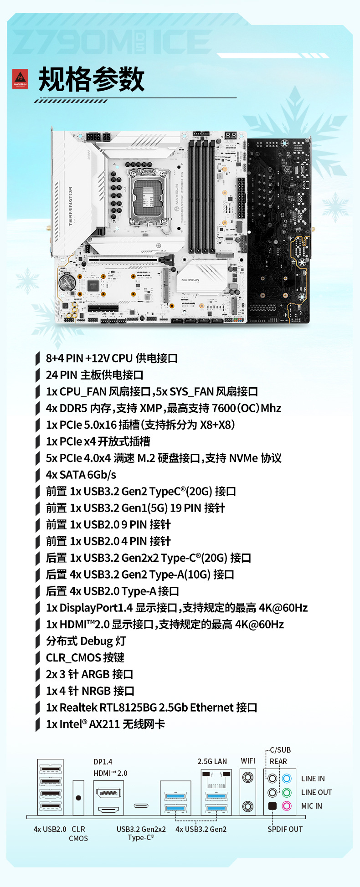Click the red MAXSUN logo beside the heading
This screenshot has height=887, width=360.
coord(20,79)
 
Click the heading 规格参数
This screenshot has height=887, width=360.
coord(91,79)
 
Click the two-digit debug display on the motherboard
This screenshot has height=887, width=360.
coord(231,136)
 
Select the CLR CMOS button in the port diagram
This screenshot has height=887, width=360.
coord(78,798)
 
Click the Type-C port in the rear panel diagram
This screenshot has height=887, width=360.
coord(141,805)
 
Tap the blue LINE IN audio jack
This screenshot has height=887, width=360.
coord(287,778)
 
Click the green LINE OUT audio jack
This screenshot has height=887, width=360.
coord(287,792)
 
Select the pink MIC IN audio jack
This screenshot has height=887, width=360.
coord(287,806)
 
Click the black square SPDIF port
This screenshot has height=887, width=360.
coord(273,806)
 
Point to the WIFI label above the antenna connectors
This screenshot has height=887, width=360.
coord(248,761)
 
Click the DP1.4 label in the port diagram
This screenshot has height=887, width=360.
coord(103,762)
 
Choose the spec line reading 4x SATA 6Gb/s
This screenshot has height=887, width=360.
coord(81,475)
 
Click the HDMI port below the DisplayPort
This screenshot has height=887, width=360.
coord(108,810)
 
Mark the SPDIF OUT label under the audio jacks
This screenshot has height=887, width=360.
coord(285,829)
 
